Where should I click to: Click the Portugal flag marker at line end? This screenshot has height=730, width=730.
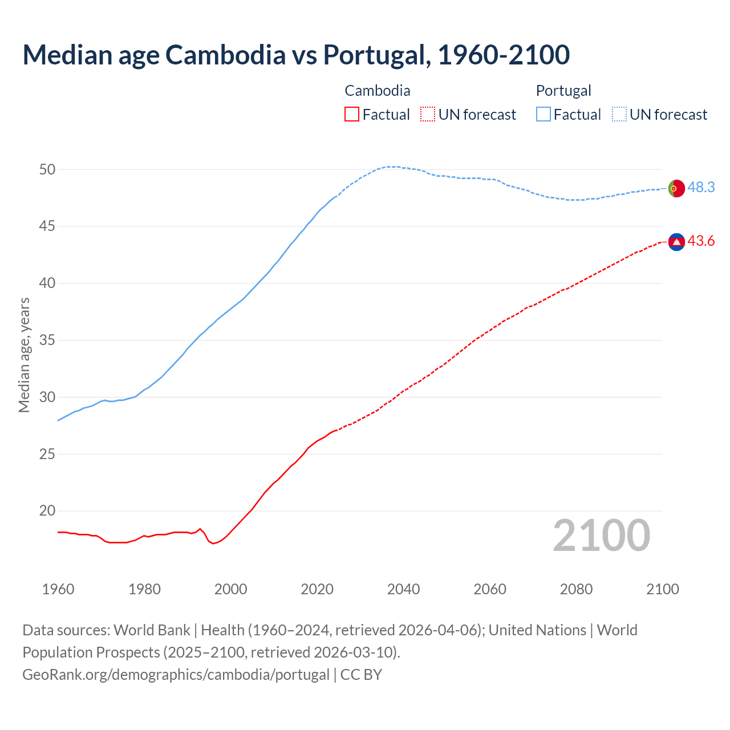tap(676, 188)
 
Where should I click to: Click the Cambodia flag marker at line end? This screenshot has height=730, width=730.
tap(676, 242)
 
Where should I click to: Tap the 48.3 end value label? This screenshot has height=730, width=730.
tap(701, 187)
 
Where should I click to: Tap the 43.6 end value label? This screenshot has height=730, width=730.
tap(701, 241)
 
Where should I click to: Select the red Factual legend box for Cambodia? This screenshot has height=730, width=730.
tap(352, 115)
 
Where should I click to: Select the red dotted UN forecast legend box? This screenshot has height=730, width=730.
tap(428, 115)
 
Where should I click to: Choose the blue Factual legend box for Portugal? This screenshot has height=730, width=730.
tap(544, 115)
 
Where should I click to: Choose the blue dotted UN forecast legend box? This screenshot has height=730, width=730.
tap(619, 115)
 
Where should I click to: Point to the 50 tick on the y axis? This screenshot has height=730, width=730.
tap(47, 169)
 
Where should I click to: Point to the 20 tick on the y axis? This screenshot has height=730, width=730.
tap(47, 511)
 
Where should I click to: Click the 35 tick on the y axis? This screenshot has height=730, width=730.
tap(47, 340)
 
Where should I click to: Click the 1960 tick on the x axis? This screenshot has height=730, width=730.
tap(58, 589)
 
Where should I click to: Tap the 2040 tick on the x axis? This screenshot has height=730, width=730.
tap(403, 589)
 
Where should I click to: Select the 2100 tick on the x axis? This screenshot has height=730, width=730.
tap(662, 589)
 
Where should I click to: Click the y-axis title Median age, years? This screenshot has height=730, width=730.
tap(24, 355)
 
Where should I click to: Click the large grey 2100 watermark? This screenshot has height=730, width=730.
tap(602, 535)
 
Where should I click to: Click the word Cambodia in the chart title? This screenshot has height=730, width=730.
tap(225, 55)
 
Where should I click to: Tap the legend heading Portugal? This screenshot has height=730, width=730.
tap(563, 91)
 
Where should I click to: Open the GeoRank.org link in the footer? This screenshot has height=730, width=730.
tap(176, 675)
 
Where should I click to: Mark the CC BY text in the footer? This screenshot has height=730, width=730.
tap(361, 675)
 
